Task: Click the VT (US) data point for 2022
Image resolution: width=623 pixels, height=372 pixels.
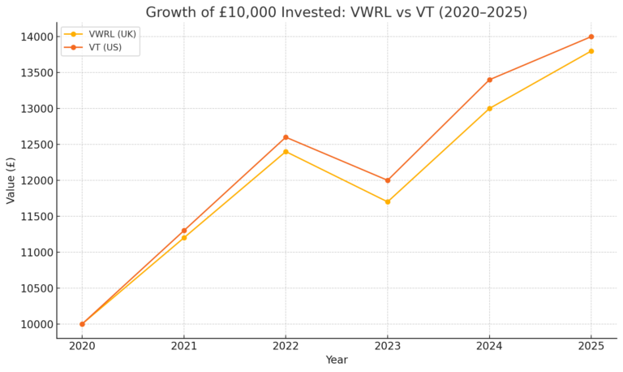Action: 286,137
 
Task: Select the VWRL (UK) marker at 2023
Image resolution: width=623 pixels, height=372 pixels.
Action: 388,201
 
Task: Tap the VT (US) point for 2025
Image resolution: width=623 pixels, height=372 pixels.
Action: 591,37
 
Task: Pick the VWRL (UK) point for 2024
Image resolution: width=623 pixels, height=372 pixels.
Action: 489,108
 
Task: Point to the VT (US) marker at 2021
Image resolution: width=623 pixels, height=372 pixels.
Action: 184,231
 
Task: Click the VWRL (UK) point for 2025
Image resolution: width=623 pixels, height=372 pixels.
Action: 591,51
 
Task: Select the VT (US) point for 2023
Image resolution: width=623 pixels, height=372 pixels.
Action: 388,180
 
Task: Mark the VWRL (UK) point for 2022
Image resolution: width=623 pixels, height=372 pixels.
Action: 286,151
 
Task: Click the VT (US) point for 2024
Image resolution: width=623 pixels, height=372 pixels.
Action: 489,80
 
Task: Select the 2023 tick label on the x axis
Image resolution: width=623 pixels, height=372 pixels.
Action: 388,345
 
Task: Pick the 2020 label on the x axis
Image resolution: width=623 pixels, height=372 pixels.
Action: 82,345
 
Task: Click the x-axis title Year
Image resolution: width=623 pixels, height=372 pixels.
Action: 337,360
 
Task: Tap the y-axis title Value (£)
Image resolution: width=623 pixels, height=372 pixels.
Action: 11,180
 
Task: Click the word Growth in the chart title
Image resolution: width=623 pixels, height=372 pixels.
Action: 172,12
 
